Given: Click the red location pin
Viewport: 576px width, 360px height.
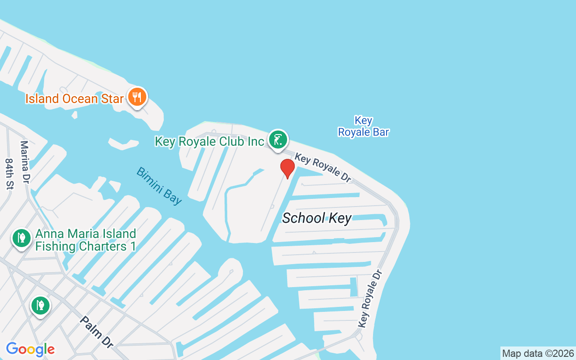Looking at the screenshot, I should tap(287, 168).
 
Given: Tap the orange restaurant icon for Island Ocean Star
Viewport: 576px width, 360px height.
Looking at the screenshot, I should tap(137, 97).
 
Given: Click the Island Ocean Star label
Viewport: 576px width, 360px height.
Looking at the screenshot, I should tap(74, 99).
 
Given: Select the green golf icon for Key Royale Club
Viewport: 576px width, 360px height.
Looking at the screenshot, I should tap(278, 140).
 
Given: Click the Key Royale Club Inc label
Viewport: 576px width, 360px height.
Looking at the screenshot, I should tap(209, 141).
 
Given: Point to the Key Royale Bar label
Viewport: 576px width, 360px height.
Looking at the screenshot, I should tap(363, 126).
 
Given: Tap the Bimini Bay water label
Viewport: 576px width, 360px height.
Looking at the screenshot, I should tap(159, 186).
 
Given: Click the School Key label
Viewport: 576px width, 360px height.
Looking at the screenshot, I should tap(316, 218).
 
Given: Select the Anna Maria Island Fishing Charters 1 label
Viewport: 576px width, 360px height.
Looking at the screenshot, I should tap(85, 240).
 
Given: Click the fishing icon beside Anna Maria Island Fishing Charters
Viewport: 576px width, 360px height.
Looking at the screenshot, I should tap(21, 238).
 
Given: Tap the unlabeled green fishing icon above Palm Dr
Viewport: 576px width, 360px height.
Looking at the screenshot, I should tap(40, 306).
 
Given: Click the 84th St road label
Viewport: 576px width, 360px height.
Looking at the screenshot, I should tap(9, 174).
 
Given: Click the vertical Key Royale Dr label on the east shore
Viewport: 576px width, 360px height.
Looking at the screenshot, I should tap(370, 299).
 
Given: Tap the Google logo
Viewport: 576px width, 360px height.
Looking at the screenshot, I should tap(30, 349).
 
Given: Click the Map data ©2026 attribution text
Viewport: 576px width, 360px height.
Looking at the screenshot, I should tap(538, 354).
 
